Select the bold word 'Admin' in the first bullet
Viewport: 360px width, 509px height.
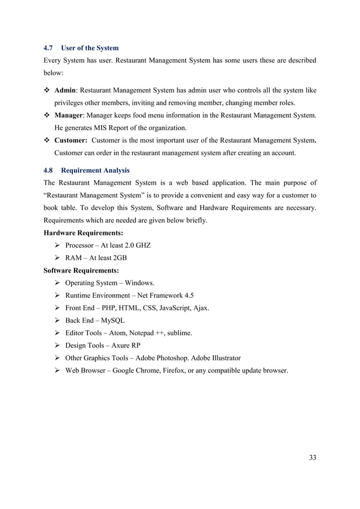[x=66, y=91]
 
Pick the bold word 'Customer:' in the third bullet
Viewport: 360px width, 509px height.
[x=71, y=141]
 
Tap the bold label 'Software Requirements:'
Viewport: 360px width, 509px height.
[x=81, y=270]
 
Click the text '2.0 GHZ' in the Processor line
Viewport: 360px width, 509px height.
[x=138, y=245]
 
